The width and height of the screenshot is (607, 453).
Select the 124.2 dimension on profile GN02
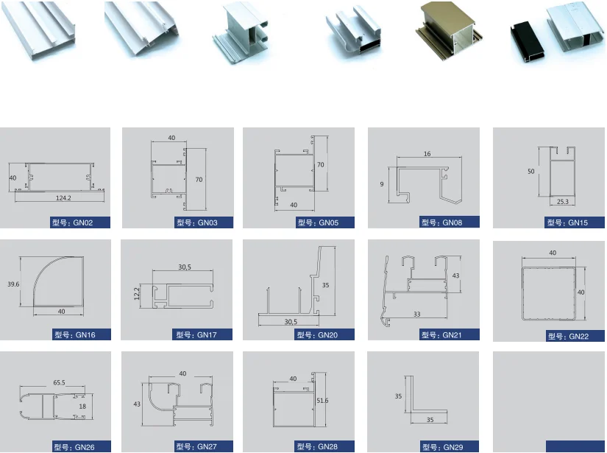[x=63, y=197]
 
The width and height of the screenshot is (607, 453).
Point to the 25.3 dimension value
[x=563, y=200]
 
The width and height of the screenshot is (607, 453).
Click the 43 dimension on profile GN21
[x=455, y=275]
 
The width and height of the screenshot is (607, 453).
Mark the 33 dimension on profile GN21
[x=417, y=315]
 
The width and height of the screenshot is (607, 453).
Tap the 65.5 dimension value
[x=59, y=382]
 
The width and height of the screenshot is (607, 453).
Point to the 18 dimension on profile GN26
[x=82, y=406]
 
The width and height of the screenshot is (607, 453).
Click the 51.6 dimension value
[x=322, y=401]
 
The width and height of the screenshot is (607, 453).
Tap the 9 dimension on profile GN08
[x=382, y=183]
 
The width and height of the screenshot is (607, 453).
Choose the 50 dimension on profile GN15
[x=530, y=171]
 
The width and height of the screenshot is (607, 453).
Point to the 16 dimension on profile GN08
[x=427, y=154]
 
